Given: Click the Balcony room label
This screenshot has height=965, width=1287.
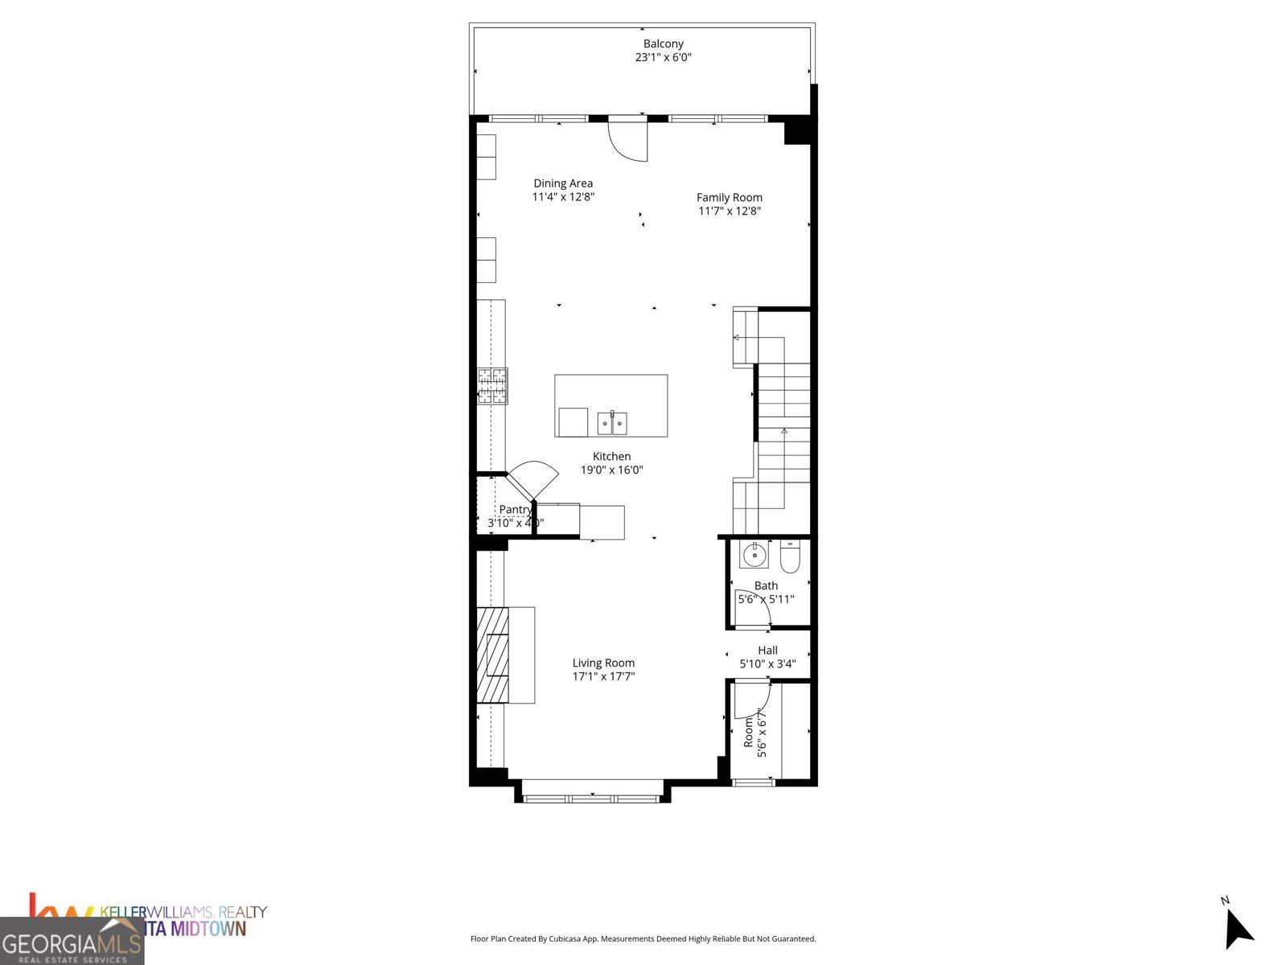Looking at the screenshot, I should [663, 44].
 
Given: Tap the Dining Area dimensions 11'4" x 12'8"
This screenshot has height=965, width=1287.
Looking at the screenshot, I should [563, 197].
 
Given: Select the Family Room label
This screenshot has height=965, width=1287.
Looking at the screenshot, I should [729, 197].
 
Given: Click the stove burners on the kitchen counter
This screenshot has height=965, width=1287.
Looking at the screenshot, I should [492, 385].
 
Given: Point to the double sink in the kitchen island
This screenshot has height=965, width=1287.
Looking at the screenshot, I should [612, 422].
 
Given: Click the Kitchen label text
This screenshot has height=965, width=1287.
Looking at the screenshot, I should [611, 456].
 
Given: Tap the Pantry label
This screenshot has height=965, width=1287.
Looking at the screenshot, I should [515, 509].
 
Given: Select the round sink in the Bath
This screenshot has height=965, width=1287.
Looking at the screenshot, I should [755, 554].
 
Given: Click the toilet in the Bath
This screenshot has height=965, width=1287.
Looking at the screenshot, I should [790, 556].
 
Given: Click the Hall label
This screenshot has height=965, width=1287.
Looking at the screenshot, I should [767, 650].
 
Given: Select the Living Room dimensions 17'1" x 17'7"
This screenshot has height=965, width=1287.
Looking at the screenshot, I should [603, 676].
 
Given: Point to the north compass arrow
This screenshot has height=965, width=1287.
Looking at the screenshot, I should [1238, 930].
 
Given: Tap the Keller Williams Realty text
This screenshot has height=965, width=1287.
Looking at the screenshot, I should [183, 912].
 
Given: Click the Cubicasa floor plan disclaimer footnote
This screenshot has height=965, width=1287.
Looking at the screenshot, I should [643, 938].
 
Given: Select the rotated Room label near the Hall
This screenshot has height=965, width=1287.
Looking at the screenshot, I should [749, 732].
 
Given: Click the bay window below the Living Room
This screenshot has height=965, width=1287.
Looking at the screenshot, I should [591, 798].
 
